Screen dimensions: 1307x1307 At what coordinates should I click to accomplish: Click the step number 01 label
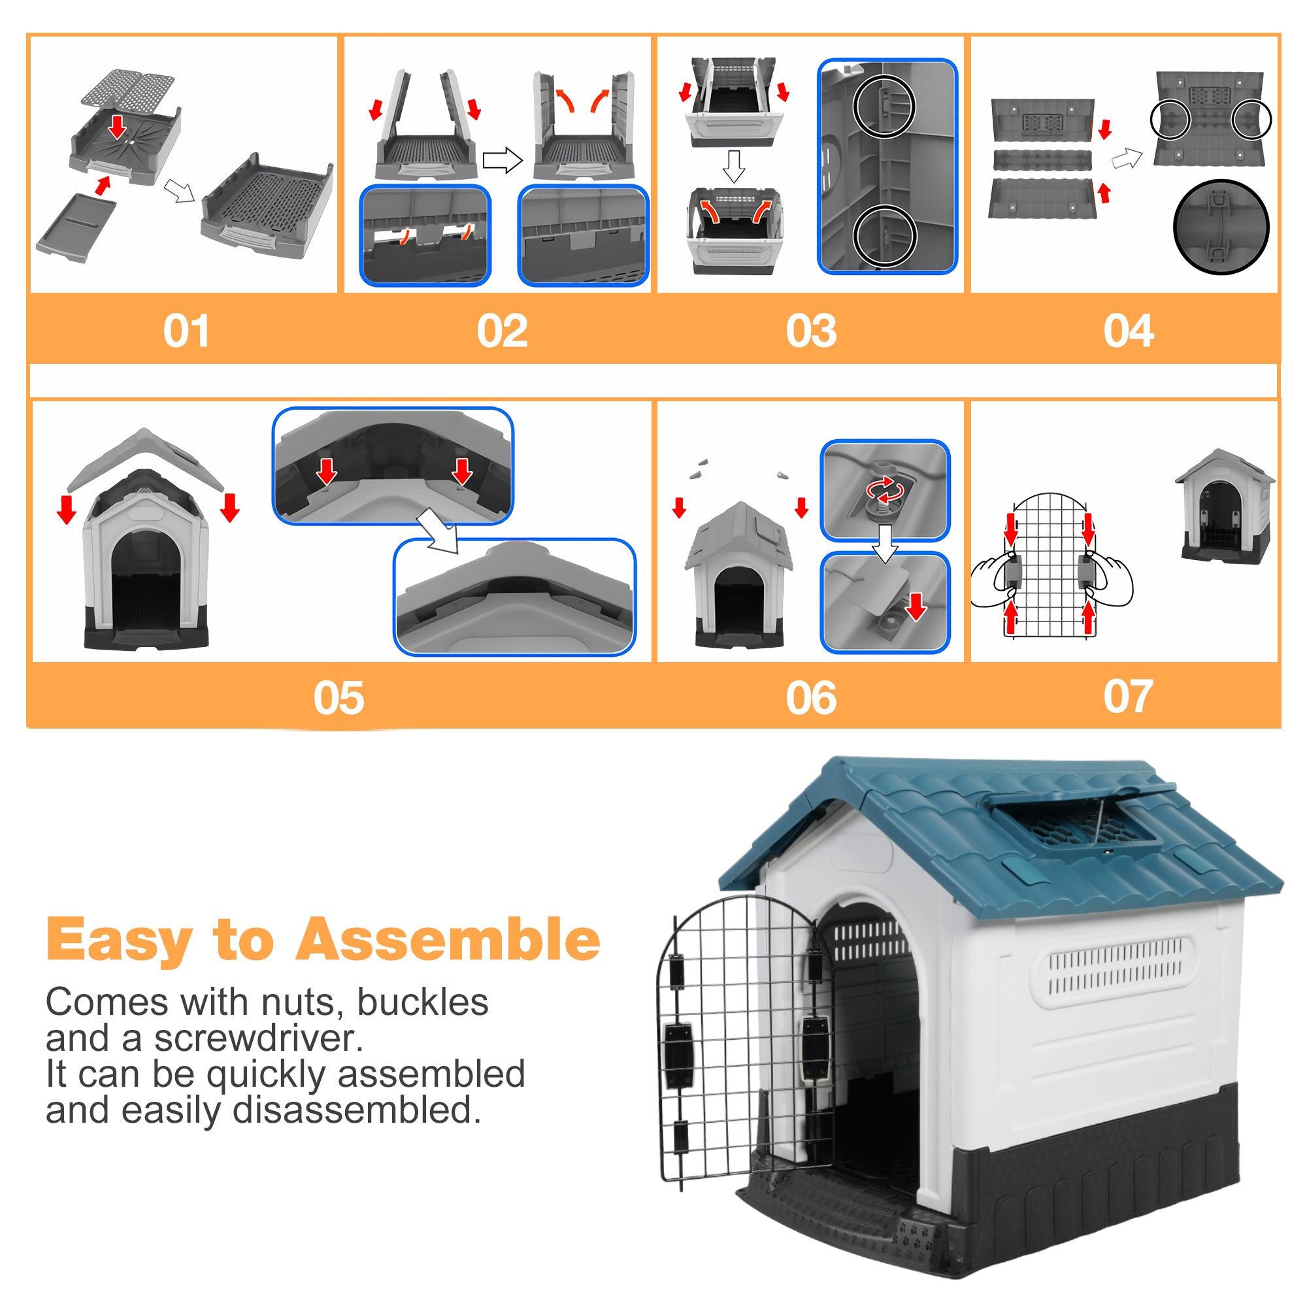coord(186,331)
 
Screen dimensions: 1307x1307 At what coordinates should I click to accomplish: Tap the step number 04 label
coord(1128,331)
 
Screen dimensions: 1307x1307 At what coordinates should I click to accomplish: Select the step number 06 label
coord(810,698)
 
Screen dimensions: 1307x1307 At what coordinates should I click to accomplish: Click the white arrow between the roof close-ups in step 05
coord(439,530)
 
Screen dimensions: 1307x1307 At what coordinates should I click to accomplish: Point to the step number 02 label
coord(501,331)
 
